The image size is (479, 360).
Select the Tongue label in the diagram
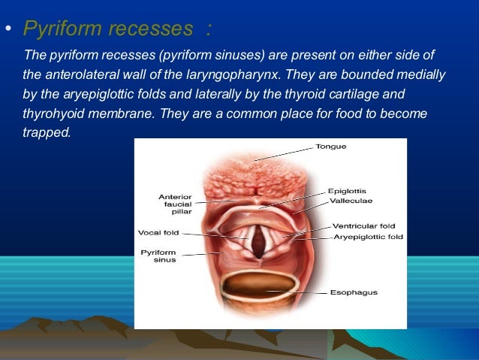pyautogui.click(x=330, y=147)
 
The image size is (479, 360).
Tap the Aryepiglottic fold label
pyautogui.click(x=367, y=237)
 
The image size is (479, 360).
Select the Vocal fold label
pyautogui.click(x=158, y=232)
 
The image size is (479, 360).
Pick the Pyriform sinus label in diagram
pyautogui.click(x=158, y=256)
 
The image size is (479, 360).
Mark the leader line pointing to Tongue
pyautogui.click(x=285, y=153)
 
